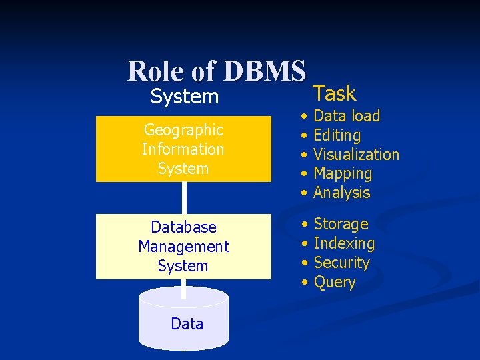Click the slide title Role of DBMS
216,71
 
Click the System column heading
184,97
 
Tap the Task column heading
335,93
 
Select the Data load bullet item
346,116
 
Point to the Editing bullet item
337,135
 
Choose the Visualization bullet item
356,155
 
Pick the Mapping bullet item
343,174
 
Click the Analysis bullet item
341,193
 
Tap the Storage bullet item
341,224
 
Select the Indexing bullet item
344,243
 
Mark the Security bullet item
341,263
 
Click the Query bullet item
334,282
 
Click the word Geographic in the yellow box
183,129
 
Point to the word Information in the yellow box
183,149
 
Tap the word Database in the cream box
183,227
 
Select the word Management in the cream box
183,247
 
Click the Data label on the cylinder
187,324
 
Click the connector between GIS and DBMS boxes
184,197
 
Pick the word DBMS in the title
265,71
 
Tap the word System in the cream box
183,266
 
